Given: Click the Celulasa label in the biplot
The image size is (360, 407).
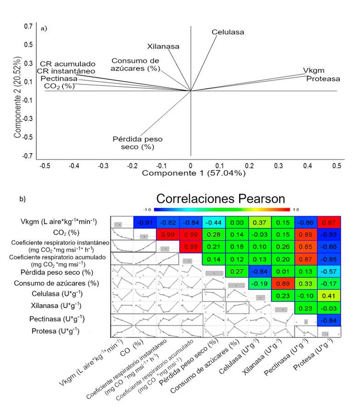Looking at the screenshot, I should (x=228, y=32).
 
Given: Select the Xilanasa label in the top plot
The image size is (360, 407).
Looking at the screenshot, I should (x=163, y=46).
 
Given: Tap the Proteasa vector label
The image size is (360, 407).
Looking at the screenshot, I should (x=323, y=78).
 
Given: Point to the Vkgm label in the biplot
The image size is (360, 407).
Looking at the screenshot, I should (x=314, y=71).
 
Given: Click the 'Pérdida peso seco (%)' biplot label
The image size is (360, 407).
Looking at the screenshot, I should (x=137, y=143).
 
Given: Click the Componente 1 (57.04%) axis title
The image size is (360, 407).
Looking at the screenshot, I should (x=194, y=173).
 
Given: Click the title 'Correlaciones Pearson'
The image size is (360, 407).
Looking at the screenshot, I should (x=221, y=199).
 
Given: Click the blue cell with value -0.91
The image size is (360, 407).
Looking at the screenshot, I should (x=145, y=222).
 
